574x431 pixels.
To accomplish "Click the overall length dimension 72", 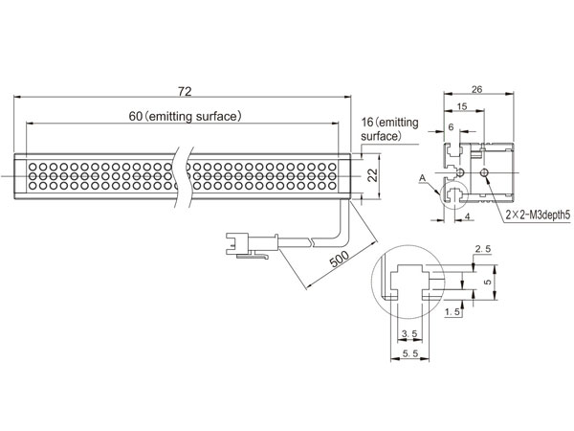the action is (x=185, y=91).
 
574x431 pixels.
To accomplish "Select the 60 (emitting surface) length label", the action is (x=186, y=116).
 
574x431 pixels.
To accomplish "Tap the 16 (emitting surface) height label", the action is (x=389, y=129).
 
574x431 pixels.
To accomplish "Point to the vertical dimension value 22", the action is (x=373, y=175).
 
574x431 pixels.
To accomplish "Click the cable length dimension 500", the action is (x=340, y=260).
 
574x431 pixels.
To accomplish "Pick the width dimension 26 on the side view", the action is (x=477, y=89).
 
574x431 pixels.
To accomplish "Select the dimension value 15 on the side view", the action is (x=462, y=106).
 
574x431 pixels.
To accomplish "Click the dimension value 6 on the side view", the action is (x=451, y=126).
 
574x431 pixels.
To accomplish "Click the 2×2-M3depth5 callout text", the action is (x=538, y=215).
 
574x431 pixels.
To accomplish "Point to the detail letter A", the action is (x=423, y=178).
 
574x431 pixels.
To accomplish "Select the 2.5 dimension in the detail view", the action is (x=483, y=249).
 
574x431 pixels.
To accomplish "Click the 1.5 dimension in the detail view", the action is (x=453, y=312).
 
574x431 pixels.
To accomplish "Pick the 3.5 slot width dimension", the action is (x=409, y=333).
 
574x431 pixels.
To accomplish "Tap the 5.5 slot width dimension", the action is (x=410, y=353).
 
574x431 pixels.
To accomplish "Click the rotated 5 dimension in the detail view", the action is (x=487, y=282).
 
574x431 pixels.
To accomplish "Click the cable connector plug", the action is (x=252, y=244).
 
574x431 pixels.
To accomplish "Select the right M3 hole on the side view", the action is (x=485, y=172).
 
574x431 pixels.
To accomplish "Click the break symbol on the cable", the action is (x=312, y=240).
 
